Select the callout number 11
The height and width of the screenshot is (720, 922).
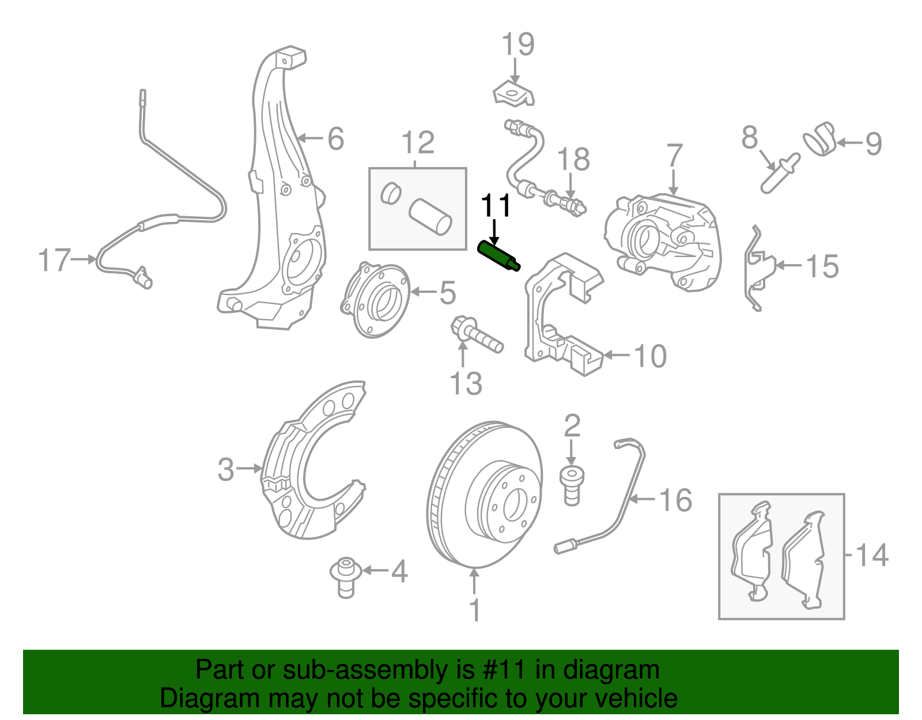pyautogui.click(x=496, y=206)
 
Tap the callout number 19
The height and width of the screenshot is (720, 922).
pyautogui.click(x=517, y=44)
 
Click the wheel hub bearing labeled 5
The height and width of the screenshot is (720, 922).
pyautogui.click(x=375, y=300)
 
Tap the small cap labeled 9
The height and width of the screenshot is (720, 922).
pyautogui.click(x=820, y=138)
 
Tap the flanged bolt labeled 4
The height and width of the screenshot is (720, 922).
pyautogui.click(x=346, y=576)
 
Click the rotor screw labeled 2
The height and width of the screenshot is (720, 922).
pyautogui.click(x=572, y=486)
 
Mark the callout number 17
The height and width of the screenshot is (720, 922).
pyautogui.click(x=54, y=261)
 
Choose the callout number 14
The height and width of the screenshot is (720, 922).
pyautogui.click(x=872, y=555)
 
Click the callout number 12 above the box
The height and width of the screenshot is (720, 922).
pyautogui.click(x=418, y=142)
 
